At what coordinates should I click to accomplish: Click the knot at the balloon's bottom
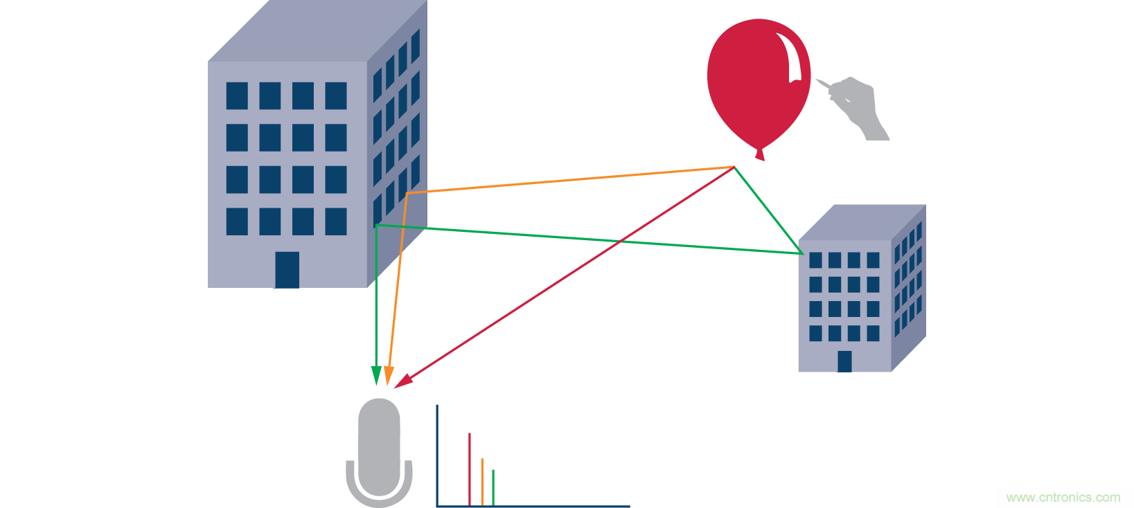pos(759,155)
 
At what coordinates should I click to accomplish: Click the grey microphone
pos(379,453)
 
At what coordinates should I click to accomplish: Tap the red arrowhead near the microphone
pos(403,381)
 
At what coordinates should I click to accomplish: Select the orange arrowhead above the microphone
pos(389,375)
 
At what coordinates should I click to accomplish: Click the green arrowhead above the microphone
pos(376,375)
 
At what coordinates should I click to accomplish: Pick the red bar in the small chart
pos(470,469)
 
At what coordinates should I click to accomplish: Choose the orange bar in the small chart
pos(482,482)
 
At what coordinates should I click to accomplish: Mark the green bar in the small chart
pos(493,487)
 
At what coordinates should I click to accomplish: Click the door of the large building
pos(287,270)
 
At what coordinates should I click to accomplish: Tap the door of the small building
pos(844,361)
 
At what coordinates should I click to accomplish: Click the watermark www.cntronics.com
pos(1063,498)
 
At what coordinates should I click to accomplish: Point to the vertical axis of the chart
pos(437,455)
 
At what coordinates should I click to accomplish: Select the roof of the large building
pos(317,31)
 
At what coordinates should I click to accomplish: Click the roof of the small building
pos(862,223)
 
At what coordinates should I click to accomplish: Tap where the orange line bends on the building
pos(407,193)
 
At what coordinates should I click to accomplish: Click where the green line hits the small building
pos(803,253)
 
